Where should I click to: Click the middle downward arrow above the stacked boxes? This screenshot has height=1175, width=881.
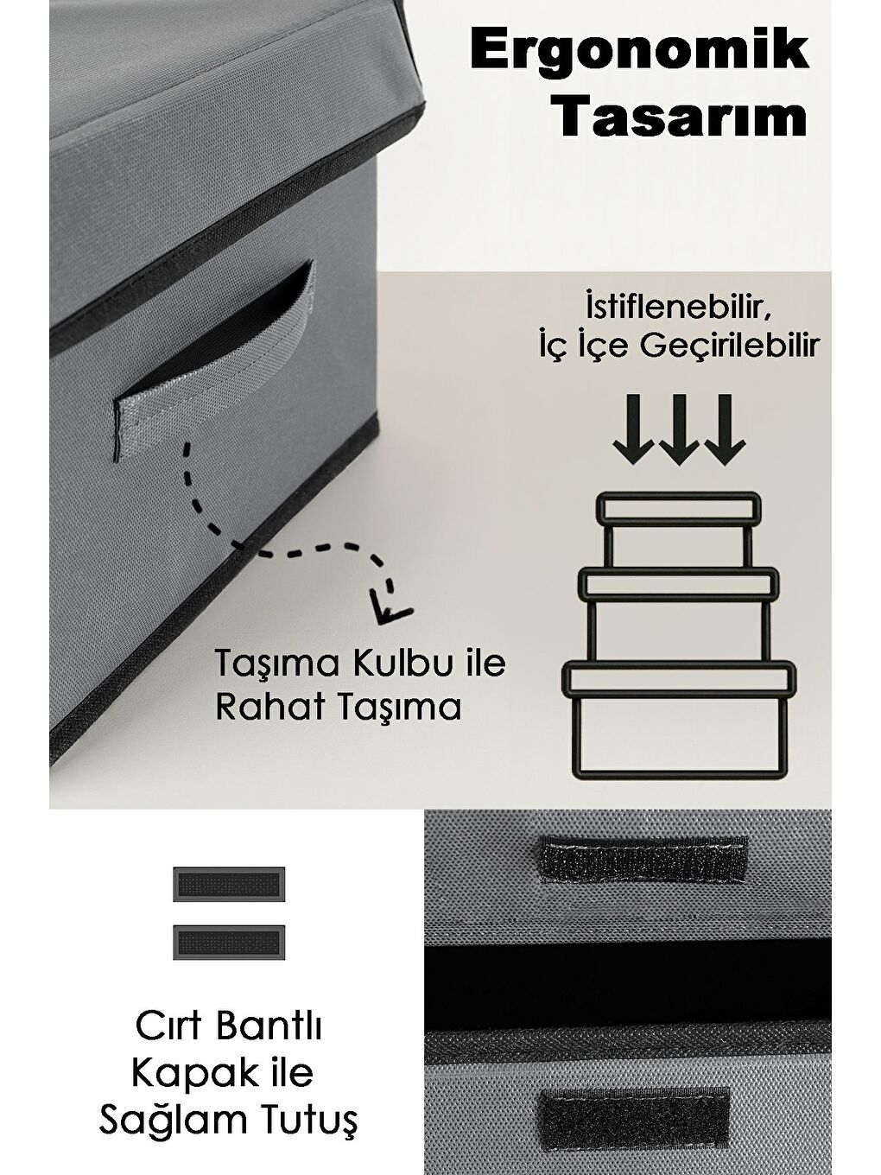679,429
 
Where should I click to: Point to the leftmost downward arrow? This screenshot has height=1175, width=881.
633,429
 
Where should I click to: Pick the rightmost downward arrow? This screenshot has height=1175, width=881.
725,429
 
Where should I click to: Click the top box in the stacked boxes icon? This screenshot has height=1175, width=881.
679,530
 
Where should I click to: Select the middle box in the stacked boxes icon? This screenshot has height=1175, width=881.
679,616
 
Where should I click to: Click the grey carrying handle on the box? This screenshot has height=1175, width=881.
214,370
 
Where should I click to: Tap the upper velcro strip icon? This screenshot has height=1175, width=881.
229,884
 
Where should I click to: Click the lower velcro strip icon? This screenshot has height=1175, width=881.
229,942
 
